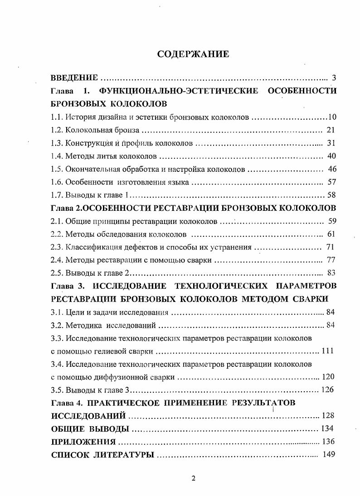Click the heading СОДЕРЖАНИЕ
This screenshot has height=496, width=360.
193,54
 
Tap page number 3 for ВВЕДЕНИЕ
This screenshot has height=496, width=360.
334,78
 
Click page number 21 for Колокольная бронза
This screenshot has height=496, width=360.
331,130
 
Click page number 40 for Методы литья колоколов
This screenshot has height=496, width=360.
331,156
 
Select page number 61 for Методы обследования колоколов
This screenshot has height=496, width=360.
331,234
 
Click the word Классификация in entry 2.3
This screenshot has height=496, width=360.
93,248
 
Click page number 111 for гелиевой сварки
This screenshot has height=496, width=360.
327,351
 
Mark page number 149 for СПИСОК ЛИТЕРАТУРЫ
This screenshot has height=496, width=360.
329,454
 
